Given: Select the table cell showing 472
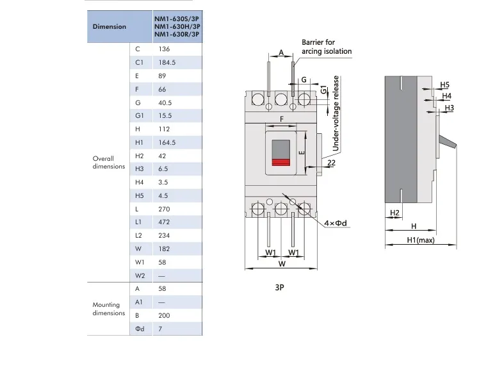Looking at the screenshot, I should point(163,222).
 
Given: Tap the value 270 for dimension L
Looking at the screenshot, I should point(163,209).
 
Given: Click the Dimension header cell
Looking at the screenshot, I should point(109,27).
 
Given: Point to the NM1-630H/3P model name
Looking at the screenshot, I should point(177,27).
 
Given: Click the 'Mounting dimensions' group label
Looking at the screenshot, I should point(108,309).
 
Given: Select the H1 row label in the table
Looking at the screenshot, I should point(140,142).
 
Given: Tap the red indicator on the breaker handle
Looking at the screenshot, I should point(280,163).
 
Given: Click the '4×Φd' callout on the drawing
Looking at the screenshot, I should point(335,223).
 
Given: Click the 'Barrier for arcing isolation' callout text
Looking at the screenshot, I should point(327,47).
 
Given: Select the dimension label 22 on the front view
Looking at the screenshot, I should point(331,164).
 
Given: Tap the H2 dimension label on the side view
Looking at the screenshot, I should point(394,212).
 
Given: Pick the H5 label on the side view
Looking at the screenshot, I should point(445,85).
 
